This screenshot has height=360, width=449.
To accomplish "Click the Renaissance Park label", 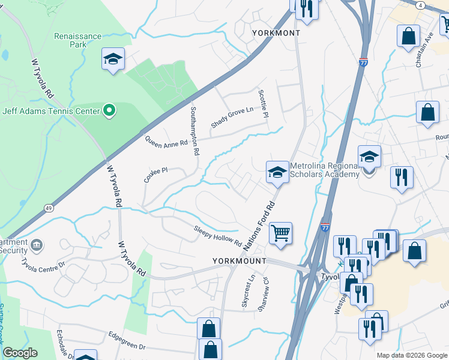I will (x=78, y=40).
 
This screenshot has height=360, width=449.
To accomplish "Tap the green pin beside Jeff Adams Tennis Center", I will (x=109, y=110).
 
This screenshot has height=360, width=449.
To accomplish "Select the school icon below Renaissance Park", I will (x=113, y=59).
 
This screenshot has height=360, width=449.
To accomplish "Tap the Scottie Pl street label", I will (x=263, y=103).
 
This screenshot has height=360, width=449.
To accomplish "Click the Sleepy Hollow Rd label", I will (x=217, y=236).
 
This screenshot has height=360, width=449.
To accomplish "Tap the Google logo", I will (x=20, y=353).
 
